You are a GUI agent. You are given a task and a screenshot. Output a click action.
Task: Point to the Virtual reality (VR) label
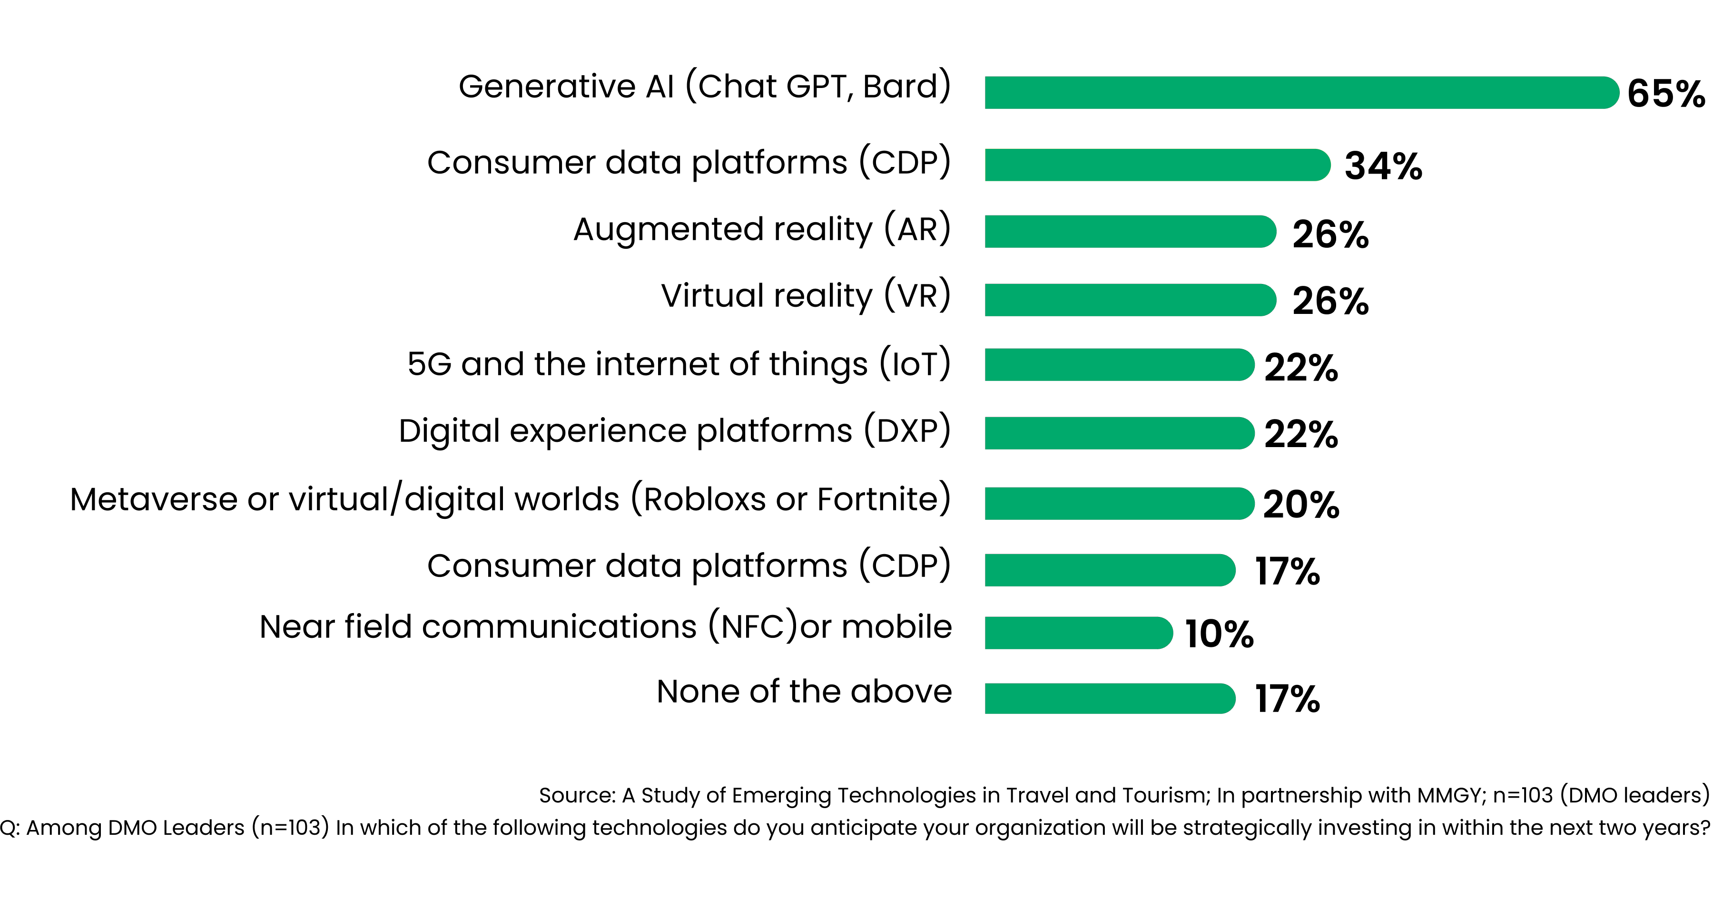tap(805, 296)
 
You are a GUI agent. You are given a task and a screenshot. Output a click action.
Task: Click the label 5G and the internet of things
tap(678, 364)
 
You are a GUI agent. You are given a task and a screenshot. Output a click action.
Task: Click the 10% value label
tap(1219, 634)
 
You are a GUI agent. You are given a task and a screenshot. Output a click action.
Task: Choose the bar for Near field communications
tap(1077, 633)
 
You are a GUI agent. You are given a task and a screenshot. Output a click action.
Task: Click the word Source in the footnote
tap(576, 795)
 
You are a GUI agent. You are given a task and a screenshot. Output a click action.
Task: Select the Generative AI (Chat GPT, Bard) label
tap(704, 87)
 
